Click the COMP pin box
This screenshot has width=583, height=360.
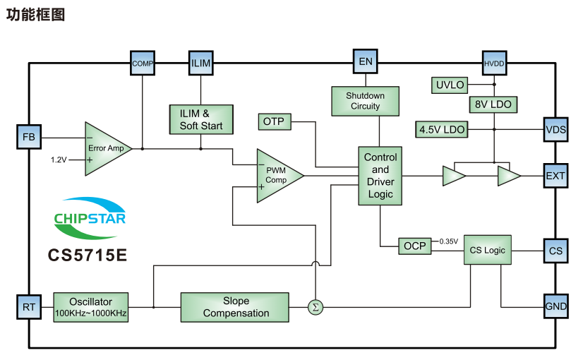click(x=143, y=62)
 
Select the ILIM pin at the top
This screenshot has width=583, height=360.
click(x=201, y=62)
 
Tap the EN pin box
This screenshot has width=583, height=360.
click(x=365, y=61)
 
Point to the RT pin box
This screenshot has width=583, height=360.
click(x=28, y=307)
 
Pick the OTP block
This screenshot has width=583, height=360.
click(x=273, y=121)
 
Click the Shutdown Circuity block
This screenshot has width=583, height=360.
click(x=365, y=101)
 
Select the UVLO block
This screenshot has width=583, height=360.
click(x=450, y=85)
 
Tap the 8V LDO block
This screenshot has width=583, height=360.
click(x=493, y=104)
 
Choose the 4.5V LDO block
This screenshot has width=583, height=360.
click(x=442, y=130)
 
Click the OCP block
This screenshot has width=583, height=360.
click(x=414, y=246)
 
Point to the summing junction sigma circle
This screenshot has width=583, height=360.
click(x=315, y=307)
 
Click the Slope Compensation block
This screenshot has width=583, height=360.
click(x=236, y=307)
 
